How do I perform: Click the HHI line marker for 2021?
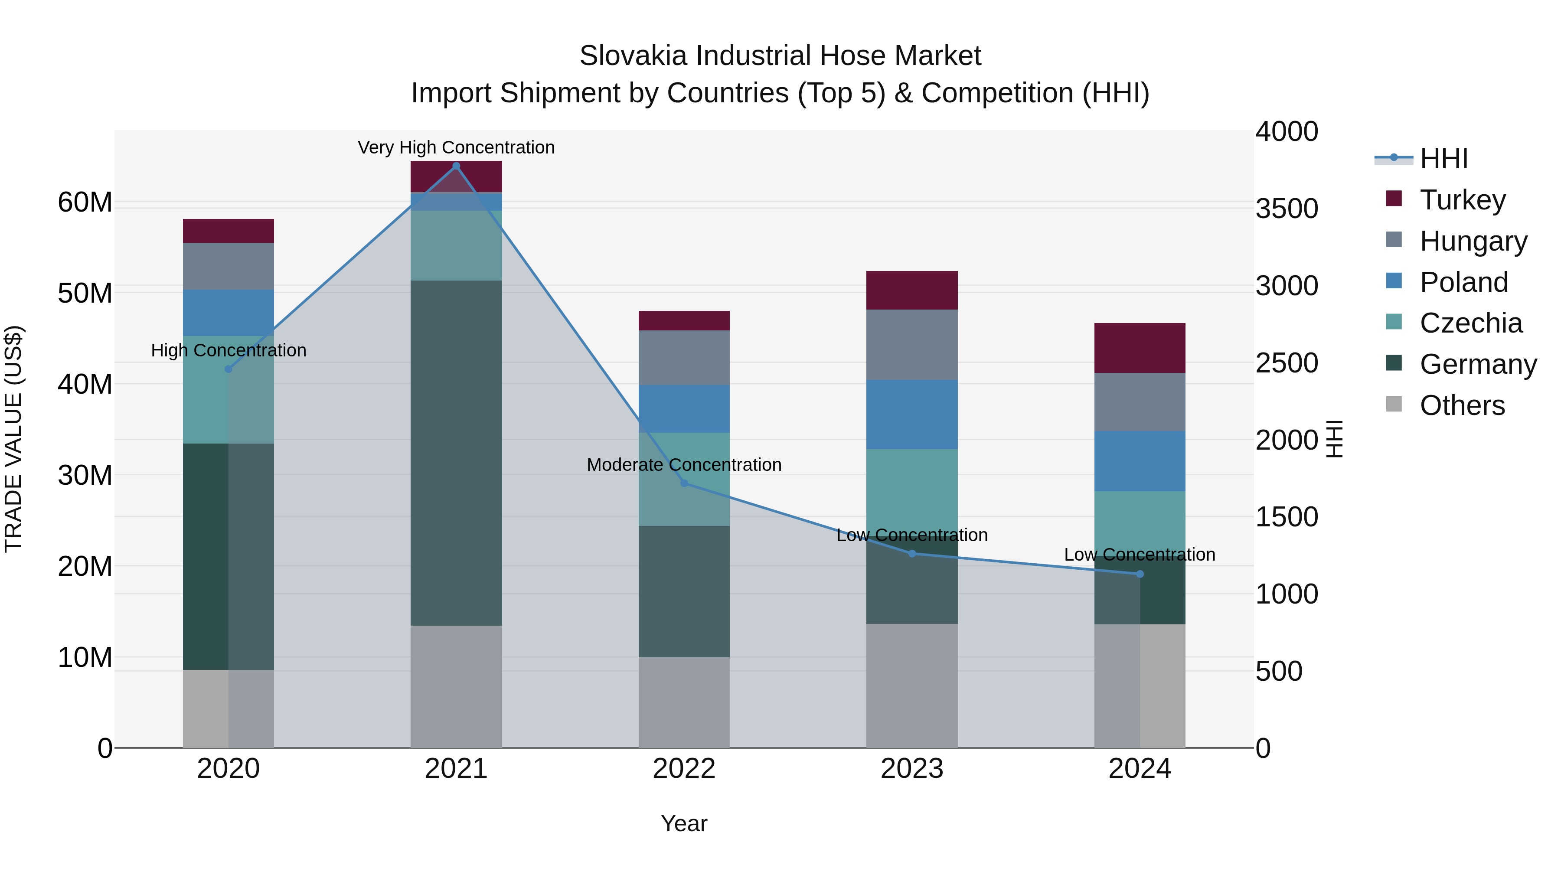pyautogui.click(x=456, y=166)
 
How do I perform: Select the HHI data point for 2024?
pyautogui.click(x=1140, y=574)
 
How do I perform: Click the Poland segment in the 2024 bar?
pyautogui.click(x=1140, y=461)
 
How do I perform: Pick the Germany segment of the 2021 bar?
pyautogui.click(x=456, y=453)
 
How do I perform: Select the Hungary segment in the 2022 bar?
pyautogui.click(x=684, y=358)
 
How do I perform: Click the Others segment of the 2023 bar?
pyautogui.click(x=912, y=685)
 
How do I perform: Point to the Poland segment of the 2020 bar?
pyautogui.click(x=229, y=313)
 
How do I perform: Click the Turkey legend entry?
pyautogui.click(x=1462, y=200)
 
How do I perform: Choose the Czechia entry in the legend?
pyautogui.click(x=1470, y=323)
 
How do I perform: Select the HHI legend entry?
pyautogui.click(x=1443, y=159)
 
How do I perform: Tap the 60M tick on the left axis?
pyautogui.click(x=85, y=202)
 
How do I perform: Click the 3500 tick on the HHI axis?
pyautogui.click(x=1286, y=209)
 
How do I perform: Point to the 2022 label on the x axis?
pyautogui.click(x=684, y=769)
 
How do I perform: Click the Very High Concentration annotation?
pyautogui.click(x=456, y=147)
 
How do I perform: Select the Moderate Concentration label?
pyautogui.click(x=684, y=465)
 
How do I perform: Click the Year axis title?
pyautogui.click(x=684, y=823)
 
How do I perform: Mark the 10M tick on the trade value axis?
pyautogui.click(x=85, y=657)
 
